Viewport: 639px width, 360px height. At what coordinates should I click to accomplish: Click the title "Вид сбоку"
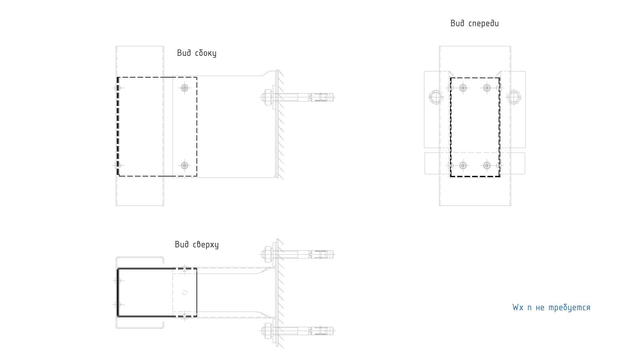click(x=197, y=53)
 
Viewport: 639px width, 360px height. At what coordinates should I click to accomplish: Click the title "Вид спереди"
click(x=474, y=23)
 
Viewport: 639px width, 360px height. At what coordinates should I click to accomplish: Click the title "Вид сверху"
click(x=197, y=244)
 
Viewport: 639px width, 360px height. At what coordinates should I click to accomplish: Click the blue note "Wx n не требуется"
click(x=551, y=307)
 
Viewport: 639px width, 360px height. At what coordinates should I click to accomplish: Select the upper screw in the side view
click(x=184, y=88)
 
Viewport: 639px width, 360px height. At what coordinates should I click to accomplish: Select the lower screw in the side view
click(x=184, y=165)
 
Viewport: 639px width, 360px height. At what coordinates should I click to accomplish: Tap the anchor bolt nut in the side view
click(x=267, y=97)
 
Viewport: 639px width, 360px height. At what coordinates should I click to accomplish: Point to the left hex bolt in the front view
click(x=436, y=97)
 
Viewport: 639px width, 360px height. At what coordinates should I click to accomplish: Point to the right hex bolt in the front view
click(x=514, y=97)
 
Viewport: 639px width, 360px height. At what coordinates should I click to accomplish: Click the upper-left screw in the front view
click(x=463, y=88)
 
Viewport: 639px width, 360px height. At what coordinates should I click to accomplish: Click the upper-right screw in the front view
click(x=487, y=88)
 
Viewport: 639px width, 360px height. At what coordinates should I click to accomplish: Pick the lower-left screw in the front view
click(x=463, y=165)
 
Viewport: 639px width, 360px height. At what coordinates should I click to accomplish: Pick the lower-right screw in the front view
click(x=487, y=165)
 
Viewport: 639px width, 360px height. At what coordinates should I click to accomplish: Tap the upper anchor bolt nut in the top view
click(x=267, y=254)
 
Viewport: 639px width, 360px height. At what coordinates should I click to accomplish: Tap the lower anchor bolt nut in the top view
click(x=267, y=331)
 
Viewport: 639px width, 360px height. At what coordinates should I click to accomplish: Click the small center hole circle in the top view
click(x=185, y=293)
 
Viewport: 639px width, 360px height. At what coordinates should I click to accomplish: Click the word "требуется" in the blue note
click(x=569, y=308)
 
